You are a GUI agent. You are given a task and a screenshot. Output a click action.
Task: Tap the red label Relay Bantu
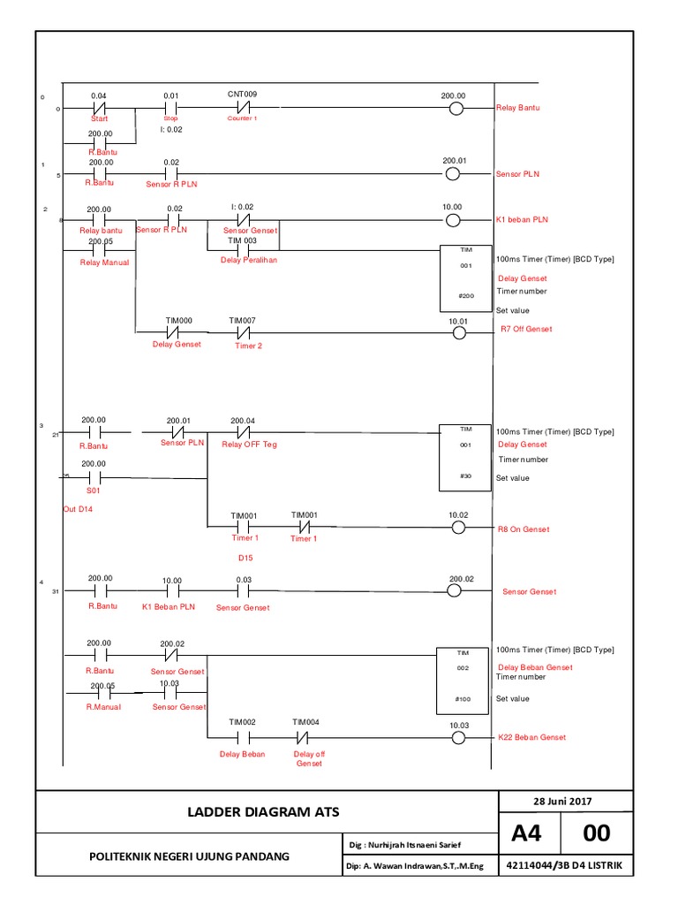point(517,108)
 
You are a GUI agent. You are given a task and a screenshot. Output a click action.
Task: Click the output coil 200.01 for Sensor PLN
point(452,174)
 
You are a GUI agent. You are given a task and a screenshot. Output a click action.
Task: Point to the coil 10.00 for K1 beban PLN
point(452,218)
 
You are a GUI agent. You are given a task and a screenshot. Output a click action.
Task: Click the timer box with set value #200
point(464,278)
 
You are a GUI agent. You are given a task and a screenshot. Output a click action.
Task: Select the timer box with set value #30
point(464,458)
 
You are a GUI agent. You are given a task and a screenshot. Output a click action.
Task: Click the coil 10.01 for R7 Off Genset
point(457,333)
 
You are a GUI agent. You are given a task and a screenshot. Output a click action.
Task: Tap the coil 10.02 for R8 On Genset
point(457,528)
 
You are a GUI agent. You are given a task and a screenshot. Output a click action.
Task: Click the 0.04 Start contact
point(100,110)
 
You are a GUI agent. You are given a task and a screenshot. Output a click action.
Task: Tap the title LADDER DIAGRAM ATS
point(266,811)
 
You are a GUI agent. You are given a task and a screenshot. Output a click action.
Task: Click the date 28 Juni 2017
point(562,802)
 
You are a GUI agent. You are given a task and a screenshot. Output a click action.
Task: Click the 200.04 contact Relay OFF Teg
point(243,433)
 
